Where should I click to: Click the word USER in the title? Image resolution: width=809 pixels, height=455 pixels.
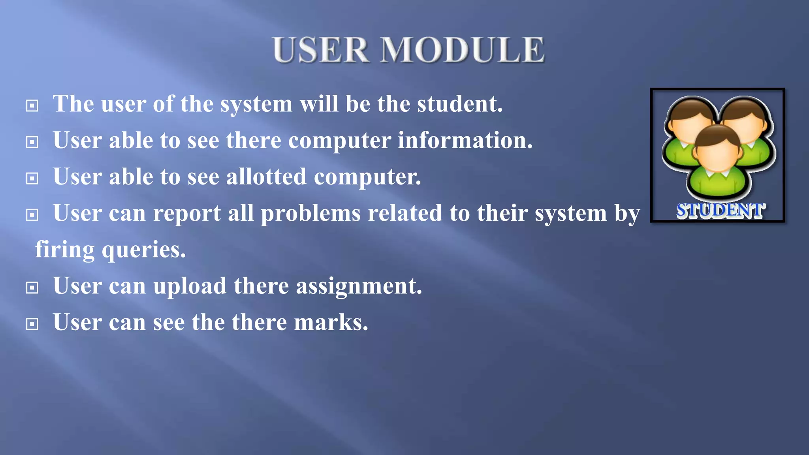(x=321, y=50)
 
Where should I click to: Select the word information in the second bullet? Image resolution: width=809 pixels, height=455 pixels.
(x=465, y=140)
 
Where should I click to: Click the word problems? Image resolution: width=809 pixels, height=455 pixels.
(x=310, y=213)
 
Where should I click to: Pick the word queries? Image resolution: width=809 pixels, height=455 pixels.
(x=144, y=250)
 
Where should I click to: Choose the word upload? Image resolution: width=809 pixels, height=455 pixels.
(x=190, y=286)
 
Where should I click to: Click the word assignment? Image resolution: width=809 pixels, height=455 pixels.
(x=359, y=286)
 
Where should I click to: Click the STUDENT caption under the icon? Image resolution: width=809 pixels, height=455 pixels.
(x=721, y=211)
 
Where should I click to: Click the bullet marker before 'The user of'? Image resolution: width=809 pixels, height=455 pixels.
(x=32, y=105)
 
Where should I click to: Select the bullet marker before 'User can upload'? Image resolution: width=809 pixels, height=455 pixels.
(x=32, y=288)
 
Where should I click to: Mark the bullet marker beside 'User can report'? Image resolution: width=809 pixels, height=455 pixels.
(x=32, y=215)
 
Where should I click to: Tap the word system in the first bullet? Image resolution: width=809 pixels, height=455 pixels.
(x=256, y=104)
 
